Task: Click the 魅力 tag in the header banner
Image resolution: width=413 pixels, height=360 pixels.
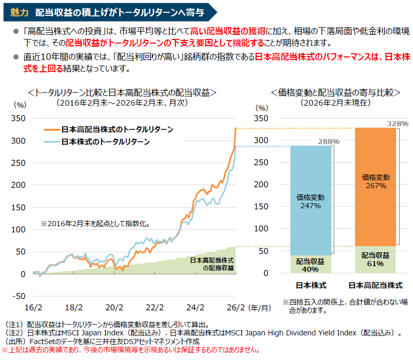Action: (x=19, y=12)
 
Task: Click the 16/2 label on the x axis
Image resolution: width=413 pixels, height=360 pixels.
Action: (x=34, y=308)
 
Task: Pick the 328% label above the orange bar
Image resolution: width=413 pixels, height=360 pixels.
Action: (x=398, y=124)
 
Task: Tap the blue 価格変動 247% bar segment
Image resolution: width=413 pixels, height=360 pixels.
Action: (x=310, y=201)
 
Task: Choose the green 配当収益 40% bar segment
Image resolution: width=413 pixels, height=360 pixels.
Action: (x=310, y=265)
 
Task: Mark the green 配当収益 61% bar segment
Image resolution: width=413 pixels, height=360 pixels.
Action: (x=376, y=259)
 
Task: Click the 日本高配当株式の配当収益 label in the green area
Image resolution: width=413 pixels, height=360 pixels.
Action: (x=211, y=264)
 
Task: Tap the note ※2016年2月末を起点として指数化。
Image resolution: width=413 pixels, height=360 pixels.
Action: (x=99, y=224)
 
